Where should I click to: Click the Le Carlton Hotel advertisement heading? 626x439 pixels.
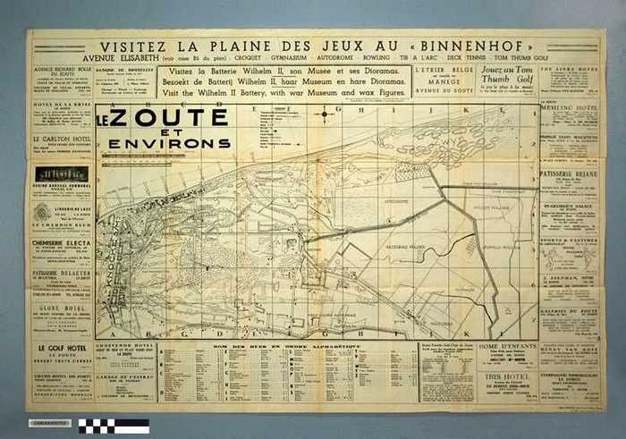[x=60, y=140]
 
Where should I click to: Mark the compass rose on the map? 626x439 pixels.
[x=324, y=114]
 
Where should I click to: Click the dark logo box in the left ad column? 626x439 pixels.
[x=60, y=174]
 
